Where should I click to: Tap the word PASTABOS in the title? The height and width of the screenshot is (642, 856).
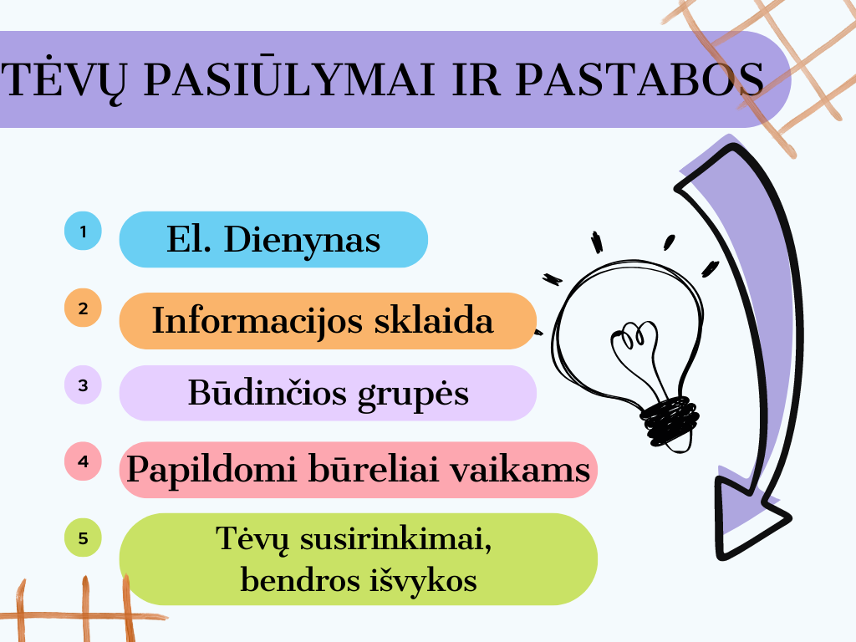639,79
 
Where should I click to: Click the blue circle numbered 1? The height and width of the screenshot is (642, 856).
83,231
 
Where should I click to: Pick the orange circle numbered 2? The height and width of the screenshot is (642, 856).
83,308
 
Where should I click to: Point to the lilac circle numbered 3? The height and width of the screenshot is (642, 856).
83,385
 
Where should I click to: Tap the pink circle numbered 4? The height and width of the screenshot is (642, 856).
83,461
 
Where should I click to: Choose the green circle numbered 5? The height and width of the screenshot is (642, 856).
83,538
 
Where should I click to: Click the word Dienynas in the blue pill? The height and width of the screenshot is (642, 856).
302,240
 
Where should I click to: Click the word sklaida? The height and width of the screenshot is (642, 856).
434,320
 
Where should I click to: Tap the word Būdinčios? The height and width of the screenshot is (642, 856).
267,392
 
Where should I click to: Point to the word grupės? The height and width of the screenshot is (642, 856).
413,395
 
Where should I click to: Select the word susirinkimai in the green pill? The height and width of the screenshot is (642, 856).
395,539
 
